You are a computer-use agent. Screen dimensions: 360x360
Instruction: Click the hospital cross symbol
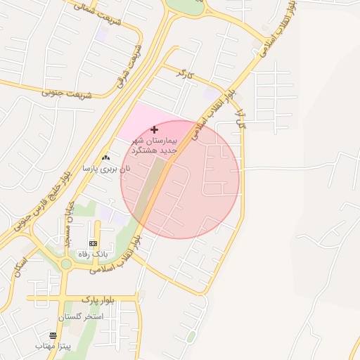coord(155,129)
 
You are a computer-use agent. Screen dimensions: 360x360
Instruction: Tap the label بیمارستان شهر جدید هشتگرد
coord(155,146)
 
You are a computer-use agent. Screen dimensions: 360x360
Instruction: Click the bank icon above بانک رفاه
coord(94,243)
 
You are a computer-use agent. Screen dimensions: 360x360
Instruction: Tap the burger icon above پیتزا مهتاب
coord(53,335)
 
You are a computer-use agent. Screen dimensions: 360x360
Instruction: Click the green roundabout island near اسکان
coord(65,264)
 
